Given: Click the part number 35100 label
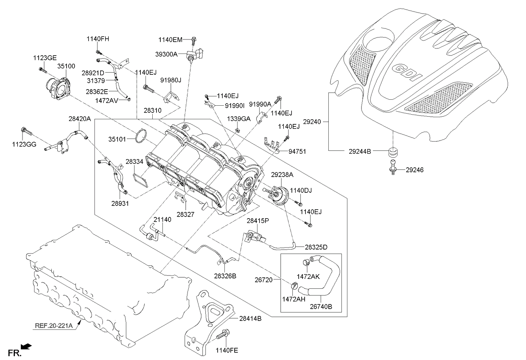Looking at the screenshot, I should click(66, 66).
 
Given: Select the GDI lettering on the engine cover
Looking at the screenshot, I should click(407, 73).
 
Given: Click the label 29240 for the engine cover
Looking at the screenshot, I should click(314, 122).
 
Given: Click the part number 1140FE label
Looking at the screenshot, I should click(227, 351).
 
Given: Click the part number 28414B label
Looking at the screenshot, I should click(250, 318).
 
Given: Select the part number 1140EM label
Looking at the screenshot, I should click(170, 40).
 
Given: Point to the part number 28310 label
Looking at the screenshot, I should click(152, 110).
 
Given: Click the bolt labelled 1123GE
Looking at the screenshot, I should click(42, 69).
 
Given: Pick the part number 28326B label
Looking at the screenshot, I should click(225, 276).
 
